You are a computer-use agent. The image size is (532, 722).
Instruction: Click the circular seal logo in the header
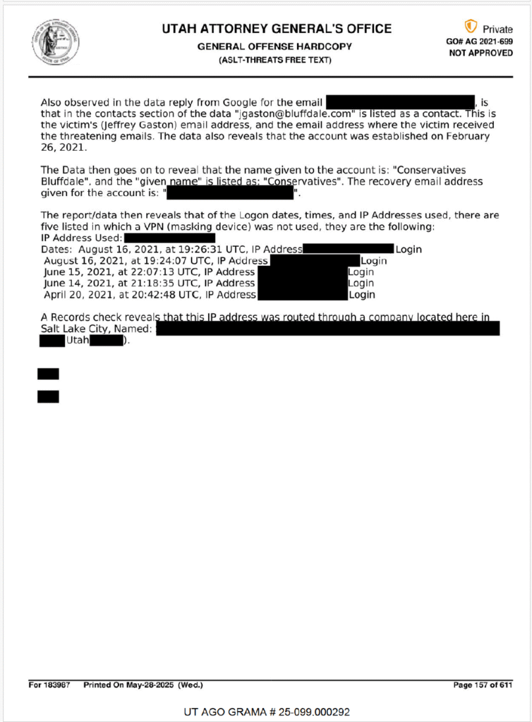tap(54, 42)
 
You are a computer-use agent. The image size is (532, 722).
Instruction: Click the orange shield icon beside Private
tap(471, 27)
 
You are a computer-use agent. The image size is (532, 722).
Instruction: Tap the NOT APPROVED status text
tap(480, 53)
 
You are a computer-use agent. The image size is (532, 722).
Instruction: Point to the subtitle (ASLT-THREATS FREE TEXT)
tap(276, 60)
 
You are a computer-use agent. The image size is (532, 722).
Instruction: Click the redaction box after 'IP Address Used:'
tap(169, 238)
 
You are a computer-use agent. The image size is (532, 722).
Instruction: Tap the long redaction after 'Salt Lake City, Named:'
tap(327, 329)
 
